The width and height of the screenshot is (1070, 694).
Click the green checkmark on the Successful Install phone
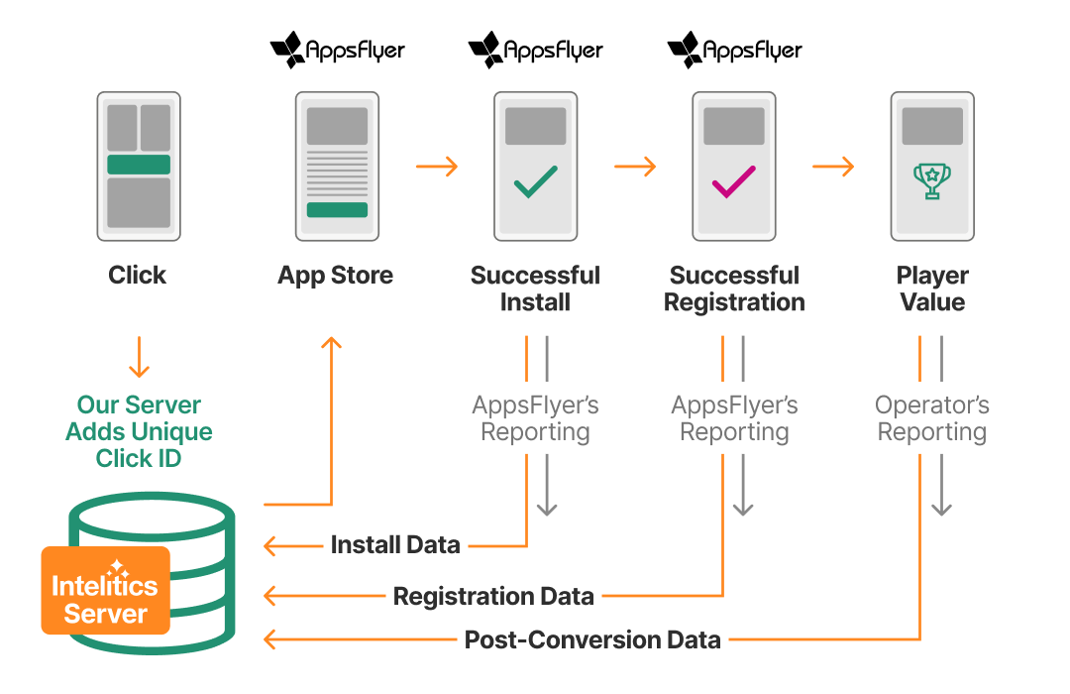535,181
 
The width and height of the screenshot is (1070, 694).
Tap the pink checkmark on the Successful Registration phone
734,181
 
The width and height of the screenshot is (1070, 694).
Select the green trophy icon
931,181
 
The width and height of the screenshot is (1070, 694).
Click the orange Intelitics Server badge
105,590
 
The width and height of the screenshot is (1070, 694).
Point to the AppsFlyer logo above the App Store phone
338,50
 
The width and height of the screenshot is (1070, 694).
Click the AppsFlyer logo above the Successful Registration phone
734,50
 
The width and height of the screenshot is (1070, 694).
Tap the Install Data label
395,544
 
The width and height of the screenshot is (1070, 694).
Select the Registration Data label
493,596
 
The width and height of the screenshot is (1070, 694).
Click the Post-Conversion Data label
592,639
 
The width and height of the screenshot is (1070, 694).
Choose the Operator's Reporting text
931,418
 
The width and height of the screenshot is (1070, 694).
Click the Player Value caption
931,289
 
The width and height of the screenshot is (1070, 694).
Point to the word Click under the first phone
138,276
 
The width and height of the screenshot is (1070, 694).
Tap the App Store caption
336,276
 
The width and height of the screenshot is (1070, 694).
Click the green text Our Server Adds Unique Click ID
139,431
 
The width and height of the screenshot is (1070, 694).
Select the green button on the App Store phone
337,210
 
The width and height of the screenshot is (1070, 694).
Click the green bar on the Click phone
139,165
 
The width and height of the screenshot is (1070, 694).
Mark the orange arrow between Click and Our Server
139,358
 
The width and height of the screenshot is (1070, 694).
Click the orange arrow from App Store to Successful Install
437,167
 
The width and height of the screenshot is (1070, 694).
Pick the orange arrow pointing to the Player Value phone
833,167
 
